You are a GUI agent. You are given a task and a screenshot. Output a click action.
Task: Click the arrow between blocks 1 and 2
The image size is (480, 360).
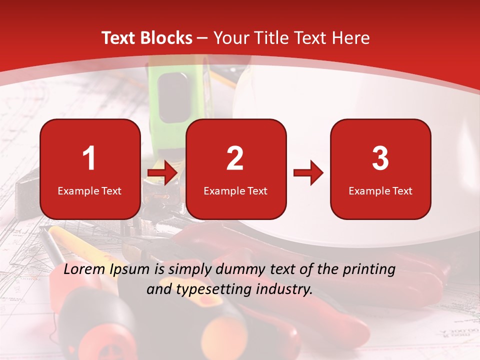(162, 173)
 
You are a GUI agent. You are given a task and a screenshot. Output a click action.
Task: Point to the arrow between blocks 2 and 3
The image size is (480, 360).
(308, 173)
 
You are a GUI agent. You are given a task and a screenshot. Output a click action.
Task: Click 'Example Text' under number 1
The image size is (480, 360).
(89, 191)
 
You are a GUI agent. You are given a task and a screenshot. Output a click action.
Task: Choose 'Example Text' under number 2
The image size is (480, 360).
(235, 191)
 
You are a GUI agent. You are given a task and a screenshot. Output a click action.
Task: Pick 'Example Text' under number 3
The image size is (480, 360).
(380, 191)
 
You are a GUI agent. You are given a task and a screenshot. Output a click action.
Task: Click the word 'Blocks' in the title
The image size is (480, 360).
(165, 38)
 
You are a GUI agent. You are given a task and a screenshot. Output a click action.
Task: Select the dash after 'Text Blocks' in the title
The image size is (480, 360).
(202, 38)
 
